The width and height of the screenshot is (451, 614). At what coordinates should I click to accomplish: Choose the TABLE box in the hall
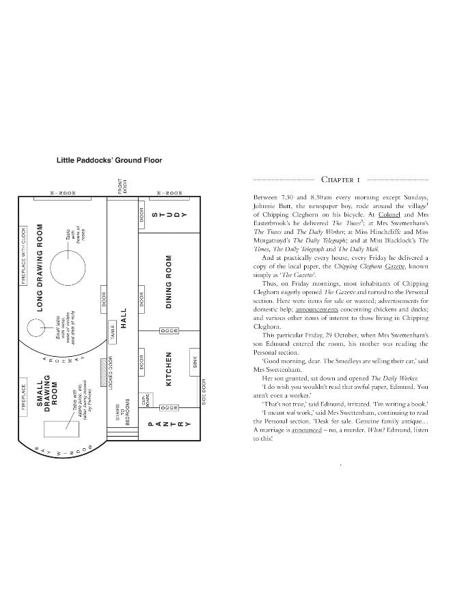(112, 334)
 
